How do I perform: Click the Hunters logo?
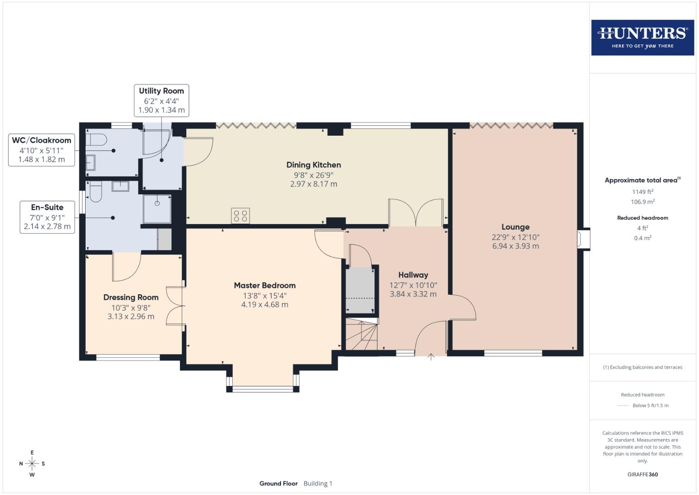point(642,37)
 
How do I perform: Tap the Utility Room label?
point(161,91)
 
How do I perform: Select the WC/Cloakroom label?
point(42,140)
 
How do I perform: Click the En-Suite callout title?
point(47,207)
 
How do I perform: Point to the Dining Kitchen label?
point(314,165)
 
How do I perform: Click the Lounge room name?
point(515,227)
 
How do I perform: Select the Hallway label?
point(413,275)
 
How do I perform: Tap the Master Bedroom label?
point(265,286)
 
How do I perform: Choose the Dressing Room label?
point(131,297)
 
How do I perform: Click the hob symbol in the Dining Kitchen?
point(240,216)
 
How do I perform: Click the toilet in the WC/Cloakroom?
point(96,139)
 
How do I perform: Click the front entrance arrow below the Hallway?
point(430,357)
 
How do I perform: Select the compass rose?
point(32,464)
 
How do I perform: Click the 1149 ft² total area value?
point(642,192)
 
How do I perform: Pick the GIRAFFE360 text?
point(642,474)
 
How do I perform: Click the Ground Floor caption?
point(278,484)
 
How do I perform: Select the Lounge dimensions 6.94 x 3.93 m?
point(515,246)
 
